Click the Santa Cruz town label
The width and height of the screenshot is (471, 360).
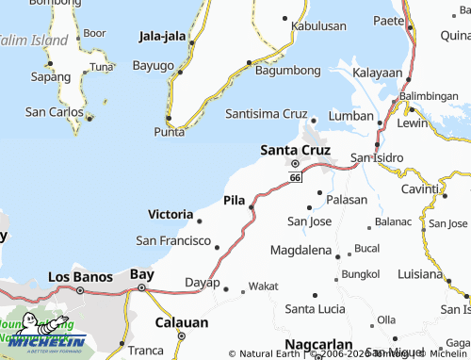(x=294, y=149)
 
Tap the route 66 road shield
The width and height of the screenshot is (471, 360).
(x=296, y=177)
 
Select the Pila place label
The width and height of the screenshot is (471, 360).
(x=235, y=199)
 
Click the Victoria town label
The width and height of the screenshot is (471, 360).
(x=171, y=214)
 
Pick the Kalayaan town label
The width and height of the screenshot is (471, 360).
(x=377, y=73)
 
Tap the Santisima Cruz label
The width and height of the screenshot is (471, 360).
(x=268, y=113)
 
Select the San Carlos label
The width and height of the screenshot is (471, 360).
(x=55, y=111)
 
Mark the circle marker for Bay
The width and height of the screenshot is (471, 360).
(x=141, y=288)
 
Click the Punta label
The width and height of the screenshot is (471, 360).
(x=169, y=132)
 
